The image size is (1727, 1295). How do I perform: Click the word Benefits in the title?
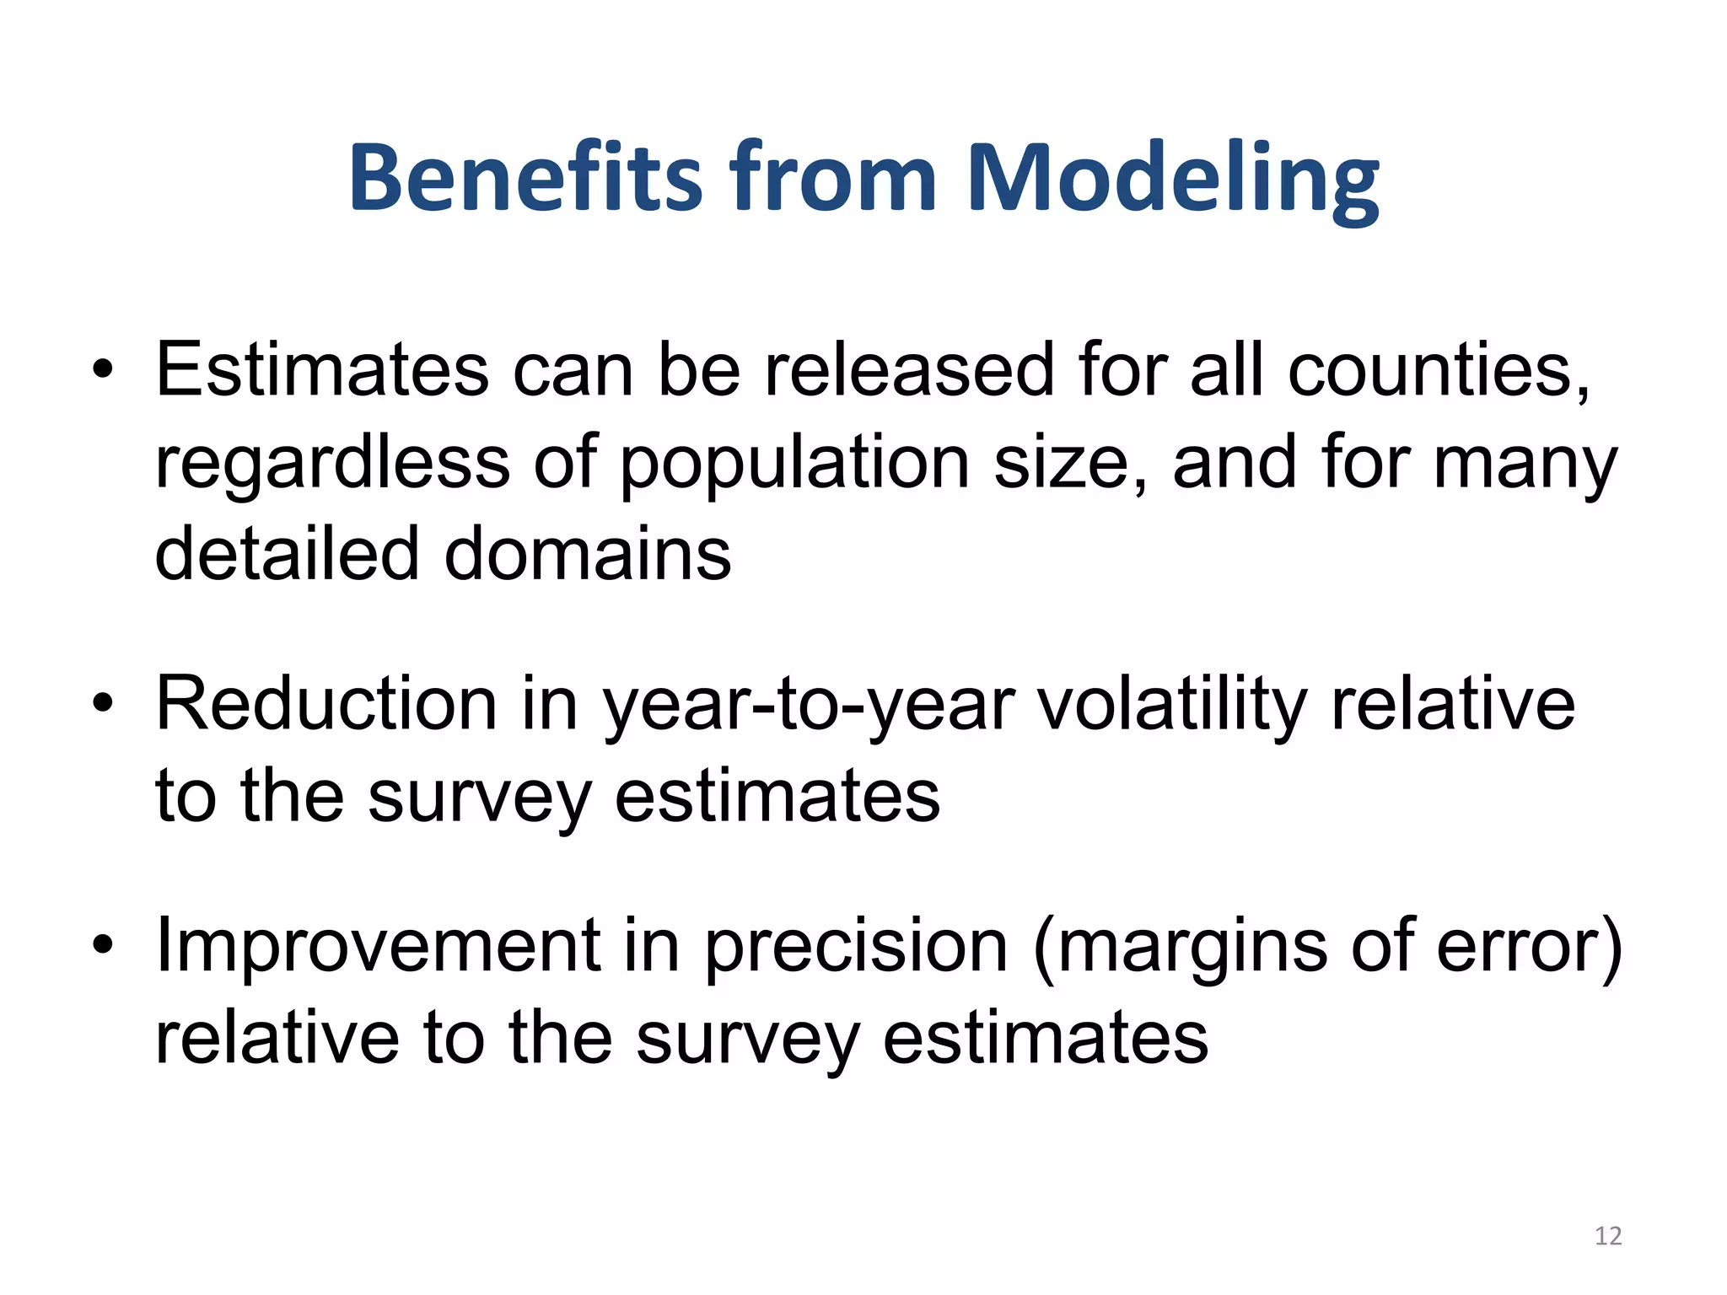(525, 179)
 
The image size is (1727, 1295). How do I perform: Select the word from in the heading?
(833, 179)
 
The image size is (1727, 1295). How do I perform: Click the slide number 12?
(1608, 1236)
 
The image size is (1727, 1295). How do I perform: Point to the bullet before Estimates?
(103, 371)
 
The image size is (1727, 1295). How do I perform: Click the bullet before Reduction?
(103, 704)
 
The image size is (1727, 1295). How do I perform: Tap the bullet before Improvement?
(103, 945)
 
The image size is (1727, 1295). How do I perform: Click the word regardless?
(333, 464)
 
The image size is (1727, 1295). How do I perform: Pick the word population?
(795, 464)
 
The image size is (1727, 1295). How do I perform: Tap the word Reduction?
(326, 704)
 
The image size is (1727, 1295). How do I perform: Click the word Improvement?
(377, 945)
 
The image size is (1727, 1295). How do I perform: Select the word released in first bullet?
(908, 371)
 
